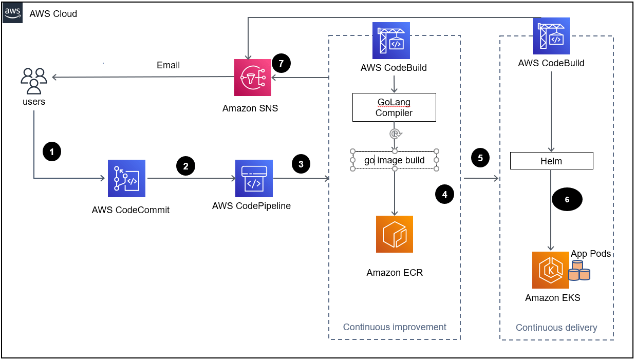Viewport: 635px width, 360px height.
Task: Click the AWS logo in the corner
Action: pyautogui.click(x=13, y=13)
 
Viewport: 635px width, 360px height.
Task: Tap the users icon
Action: pyautogui.click(x=34, y=81)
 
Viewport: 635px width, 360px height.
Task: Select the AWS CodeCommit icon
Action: pyautogui.click(x=126, y=179)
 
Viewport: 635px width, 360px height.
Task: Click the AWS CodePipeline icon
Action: pyautogui.click(x=254, y=179)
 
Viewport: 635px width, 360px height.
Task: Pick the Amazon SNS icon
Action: pyautogui.click(x=253, y=78)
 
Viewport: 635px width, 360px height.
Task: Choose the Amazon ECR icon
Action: pyautogui.click(x=395, y=234)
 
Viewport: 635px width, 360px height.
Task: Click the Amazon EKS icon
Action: pyautogui.click(x=551, y=270)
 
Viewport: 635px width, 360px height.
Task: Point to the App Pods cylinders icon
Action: pyautogui.click(x=579, y=271)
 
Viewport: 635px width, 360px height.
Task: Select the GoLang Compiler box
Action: pyautogui.click(x=394, y=107)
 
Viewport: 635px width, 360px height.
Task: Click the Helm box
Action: pyautogui.click(x=551, y=161)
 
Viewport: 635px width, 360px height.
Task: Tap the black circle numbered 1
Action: pyautogui.click(x=52, y=151)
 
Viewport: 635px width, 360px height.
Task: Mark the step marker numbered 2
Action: pyautogui.click(x=185, y=165)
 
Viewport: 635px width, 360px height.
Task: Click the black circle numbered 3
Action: pyautogui.click(x=301, y=164)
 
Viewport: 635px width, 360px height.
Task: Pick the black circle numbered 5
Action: pyautogui.click(x=480, y=158)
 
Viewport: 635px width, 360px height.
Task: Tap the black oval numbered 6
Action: pyautogui.click(x=567, y=200)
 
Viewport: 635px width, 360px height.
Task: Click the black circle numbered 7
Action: pyautogui.click(x=281, y=63)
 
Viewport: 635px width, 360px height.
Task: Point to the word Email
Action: pyautogui.click(x=168, y=65)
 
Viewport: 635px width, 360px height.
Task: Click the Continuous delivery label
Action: pyautogui.click(x=556, y=328)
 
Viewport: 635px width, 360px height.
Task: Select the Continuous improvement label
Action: pyautogui.click(x=395, y=327)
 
